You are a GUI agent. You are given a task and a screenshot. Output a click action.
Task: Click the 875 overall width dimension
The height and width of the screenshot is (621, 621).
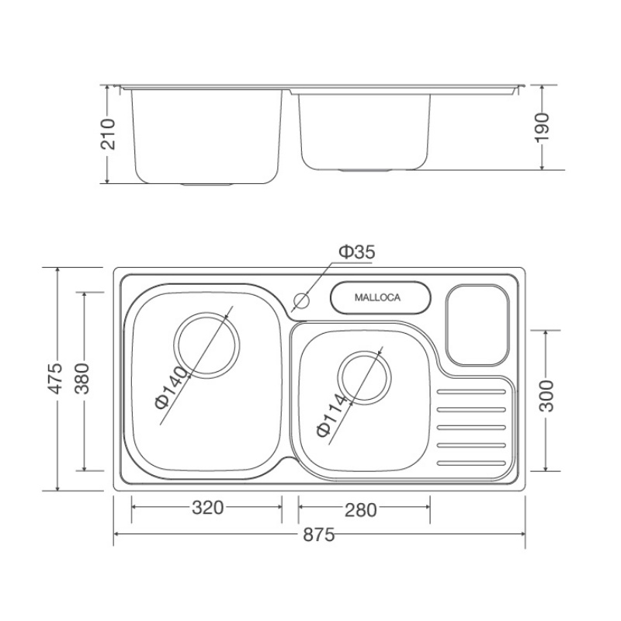pos(319,535)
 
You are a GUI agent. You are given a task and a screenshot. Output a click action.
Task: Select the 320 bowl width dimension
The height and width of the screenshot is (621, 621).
pos(207,508)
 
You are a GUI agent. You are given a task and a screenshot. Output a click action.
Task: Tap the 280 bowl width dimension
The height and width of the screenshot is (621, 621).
pos(360,510)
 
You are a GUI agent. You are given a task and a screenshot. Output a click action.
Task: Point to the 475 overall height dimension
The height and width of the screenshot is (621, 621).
pos(55,378)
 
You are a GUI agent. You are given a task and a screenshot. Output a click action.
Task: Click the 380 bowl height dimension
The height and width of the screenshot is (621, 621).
pos(82,378)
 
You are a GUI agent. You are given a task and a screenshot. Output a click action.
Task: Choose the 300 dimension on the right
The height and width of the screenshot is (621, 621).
pos(546,396)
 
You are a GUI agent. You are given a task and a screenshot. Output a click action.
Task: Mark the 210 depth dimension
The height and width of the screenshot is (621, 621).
pos(108,134)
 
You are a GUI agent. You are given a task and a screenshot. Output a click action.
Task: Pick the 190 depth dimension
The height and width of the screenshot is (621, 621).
pos(542,127)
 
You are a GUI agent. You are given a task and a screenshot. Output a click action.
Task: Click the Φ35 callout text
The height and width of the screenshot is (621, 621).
pos(357,252)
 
